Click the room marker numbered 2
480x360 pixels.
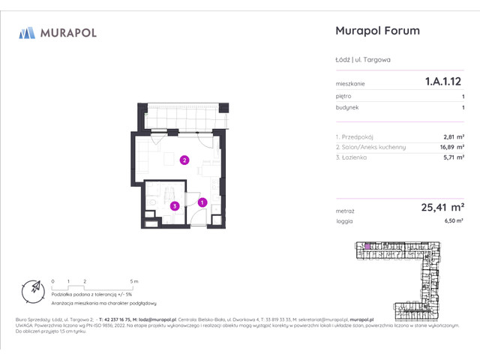pyautogui.click(x=184, y=159)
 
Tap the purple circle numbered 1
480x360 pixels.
pyautogui.click(x=202, y=201)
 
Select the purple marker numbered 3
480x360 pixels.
pyautogui.click(x=173, y=205)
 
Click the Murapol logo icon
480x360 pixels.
pyautogui.click(x=27, y=32)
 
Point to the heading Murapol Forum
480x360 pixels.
pyautogui.click(x=376, y=31)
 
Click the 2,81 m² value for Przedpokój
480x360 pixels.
pyautogui.click(x=452, y=137)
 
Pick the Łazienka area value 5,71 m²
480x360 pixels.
pyautogui.click(x=452, y=158)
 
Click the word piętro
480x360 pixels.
pyautogui.click(x=344, y=97)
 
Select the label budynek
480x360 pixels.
pyautogui.click(x=346, y=108)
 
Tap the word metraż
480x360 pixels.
pyautogui.click(x=346, y=211)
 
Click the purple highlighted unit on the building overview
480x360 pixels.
pyautogui.click(x=367, y=245)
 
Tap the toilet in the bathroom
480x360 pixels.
pyautogui.click(x=151, y=202)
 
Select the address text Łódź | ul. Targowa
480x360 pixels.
pyautogui.click(x=363, y=60)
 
